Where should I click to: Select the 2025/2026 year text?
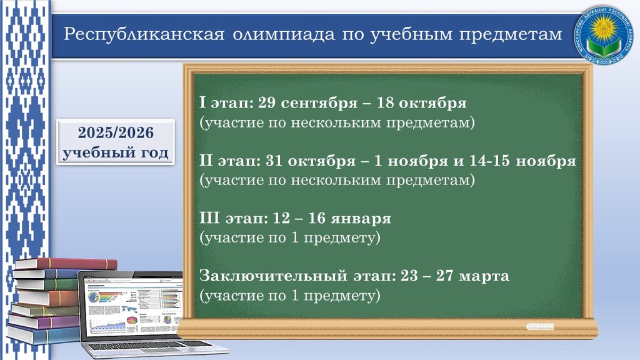pyautogui.click(x=116, y=133)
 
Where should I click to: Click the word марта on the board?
pyautogui.click(x=487, y=276)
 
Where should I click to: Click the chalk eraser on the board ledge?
pyautogui.click(x=540, y=326)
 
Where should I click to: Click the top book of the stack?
pyautogui.click(x=66, y=263)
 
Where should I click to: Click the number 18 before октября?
pyautogui.click(x=392, y=103)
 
